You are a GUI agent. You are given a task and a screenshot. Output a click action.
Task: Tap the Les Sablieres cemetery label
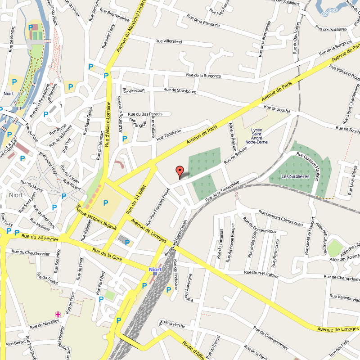(x=295, y=176)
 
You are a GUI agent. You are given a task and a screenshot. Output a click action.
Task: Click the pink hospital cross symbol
(x=58, y=314)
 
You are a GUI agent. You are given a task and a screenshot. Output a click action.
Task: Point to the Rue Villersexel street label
(x=169, y=41)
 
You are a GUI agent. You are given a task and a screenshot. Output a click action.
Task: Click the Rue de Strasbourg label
(x=180, y=91)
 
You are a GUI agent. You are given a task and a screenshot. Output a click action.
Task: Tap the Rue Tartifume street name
(x=169, y=135)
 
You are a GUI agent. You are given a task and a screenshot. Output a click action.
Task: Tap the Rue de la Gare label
(x=107, y=256)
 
